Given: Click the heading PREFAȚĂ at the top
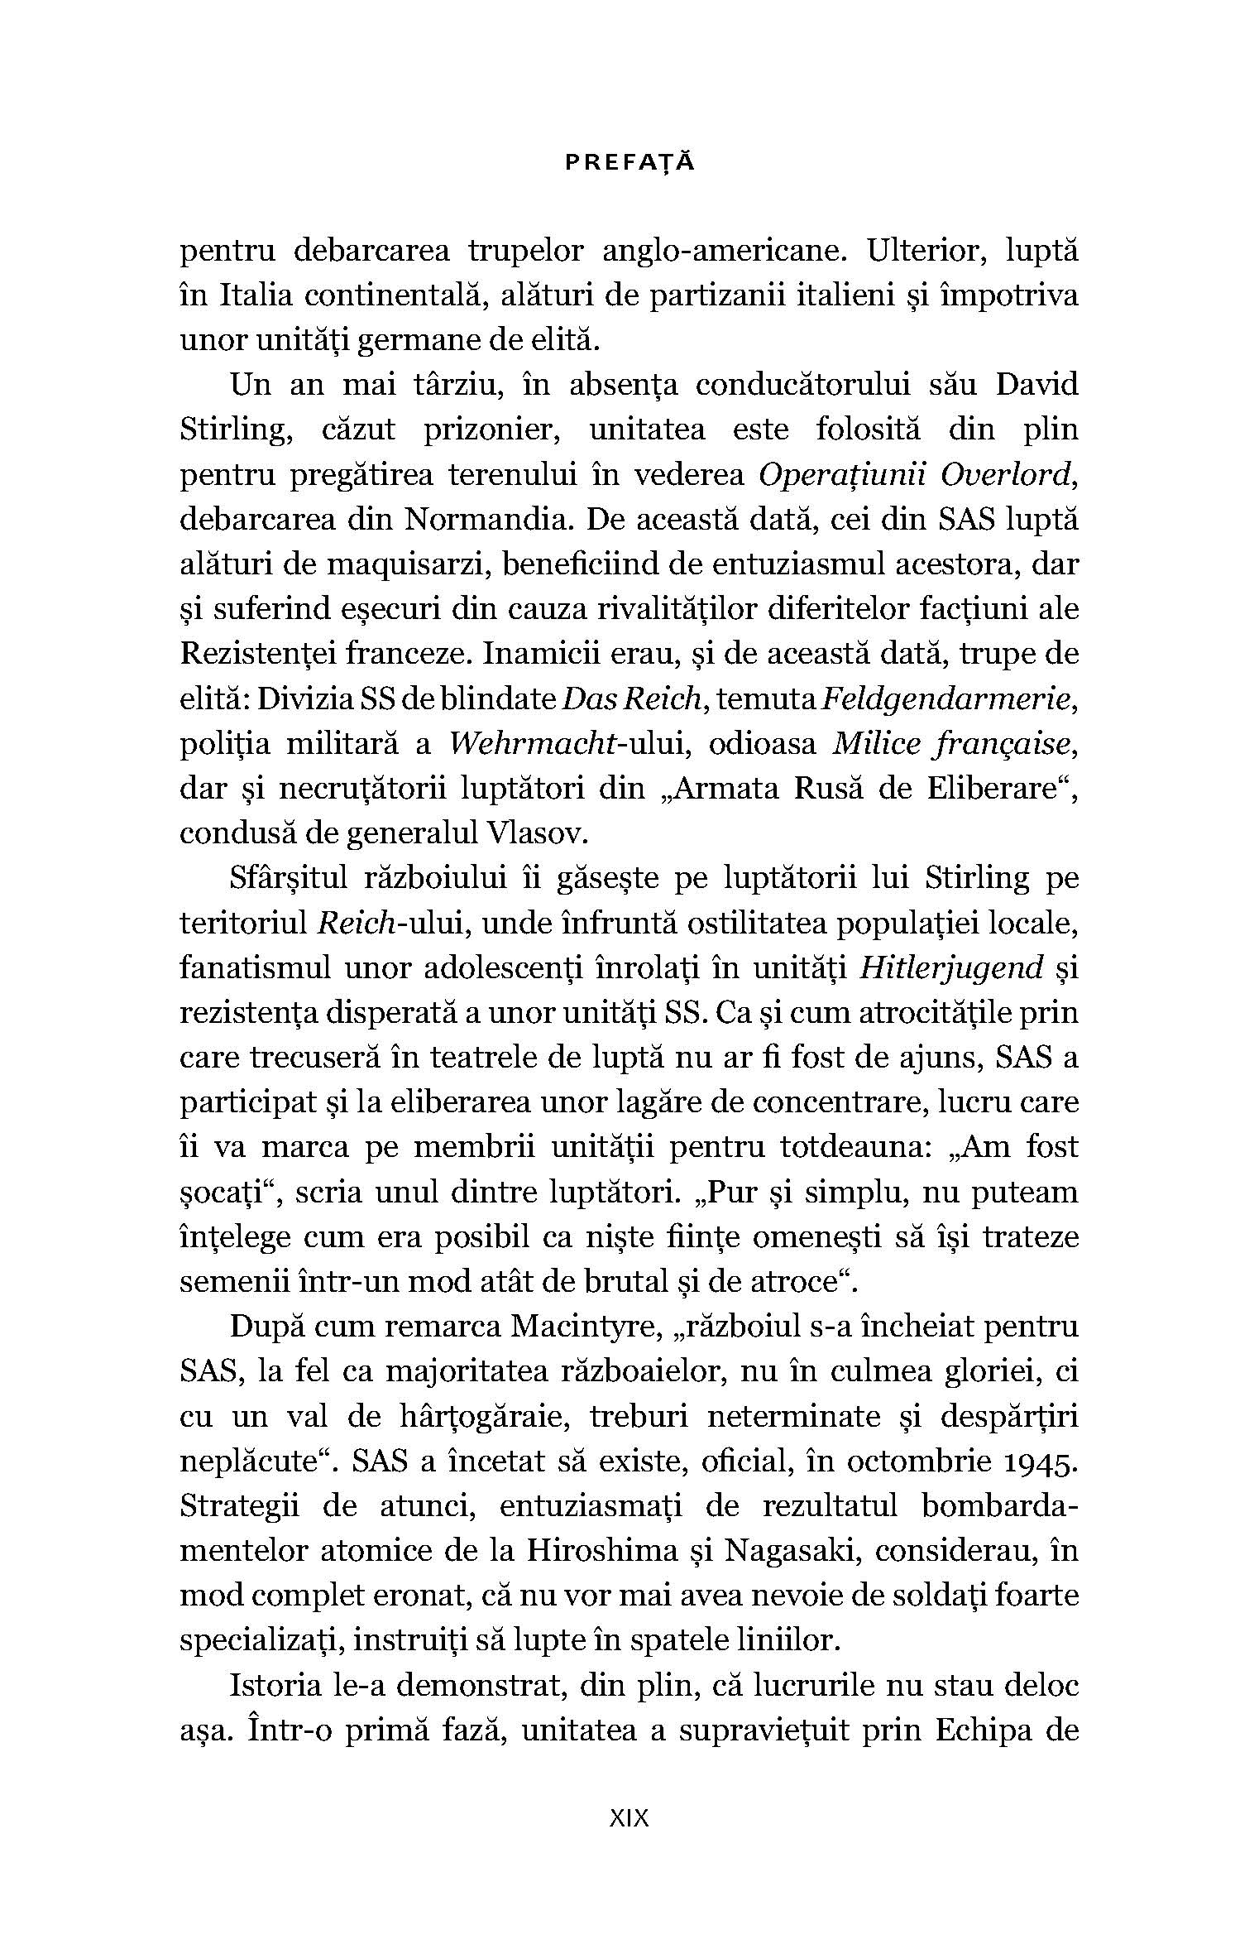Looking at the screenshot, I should pyautogui.click(x=629, y=163).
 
